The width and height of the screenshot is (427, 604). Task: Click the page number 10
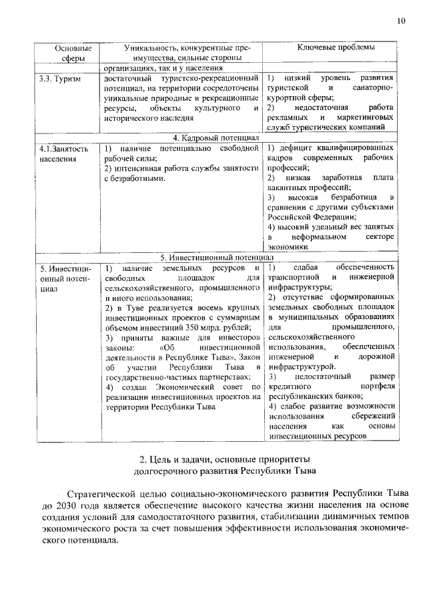[x=400, y=21]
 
